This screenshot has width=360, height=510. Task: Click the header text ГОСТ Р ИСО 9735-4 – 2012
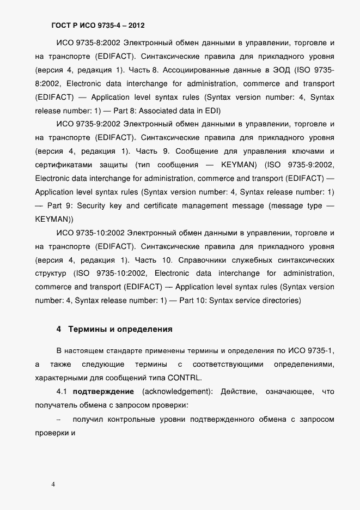98,25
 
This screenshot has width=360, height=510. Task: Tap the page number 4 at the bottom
53,484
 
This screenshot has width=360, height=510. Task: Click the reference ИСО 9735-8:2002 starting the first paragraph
88,42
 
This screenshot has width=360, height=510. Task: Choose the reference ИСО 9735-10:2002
90,233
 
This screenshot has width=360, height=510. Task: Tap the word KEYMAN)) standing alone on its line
54,219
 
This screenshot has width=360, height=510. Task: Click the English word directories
278,300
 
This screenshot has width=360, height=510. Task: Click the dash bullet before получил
58,420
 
